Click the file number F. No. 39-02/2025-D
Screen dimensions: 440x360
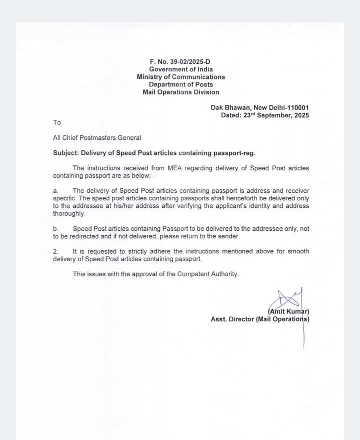coord(180,61)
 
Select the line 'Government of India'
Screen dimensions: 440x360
coord(180,69)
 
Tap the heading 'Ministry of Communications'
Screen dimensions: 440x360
coord(180,77)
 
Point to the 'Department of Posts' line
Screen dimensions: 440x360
coord(180,84)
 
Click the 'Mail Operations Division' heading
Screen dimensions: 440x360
coord(180,92)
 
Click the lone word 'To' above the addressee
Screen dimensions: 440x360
coord(57,122)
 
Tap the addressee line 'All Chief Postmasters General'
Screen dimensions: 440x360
coord(97,137)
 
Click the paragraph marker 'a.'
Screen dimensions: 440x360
coord(56,191)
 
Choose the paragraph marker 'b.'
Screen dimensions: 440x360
coord(56,228)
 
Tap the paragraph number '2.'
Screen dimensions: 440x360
coord(56,251)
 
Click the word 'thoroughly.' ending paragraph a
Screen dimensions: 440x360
coord(69,213)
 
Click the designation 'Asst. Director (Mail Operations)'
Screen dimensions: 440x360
coord(260,319)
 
